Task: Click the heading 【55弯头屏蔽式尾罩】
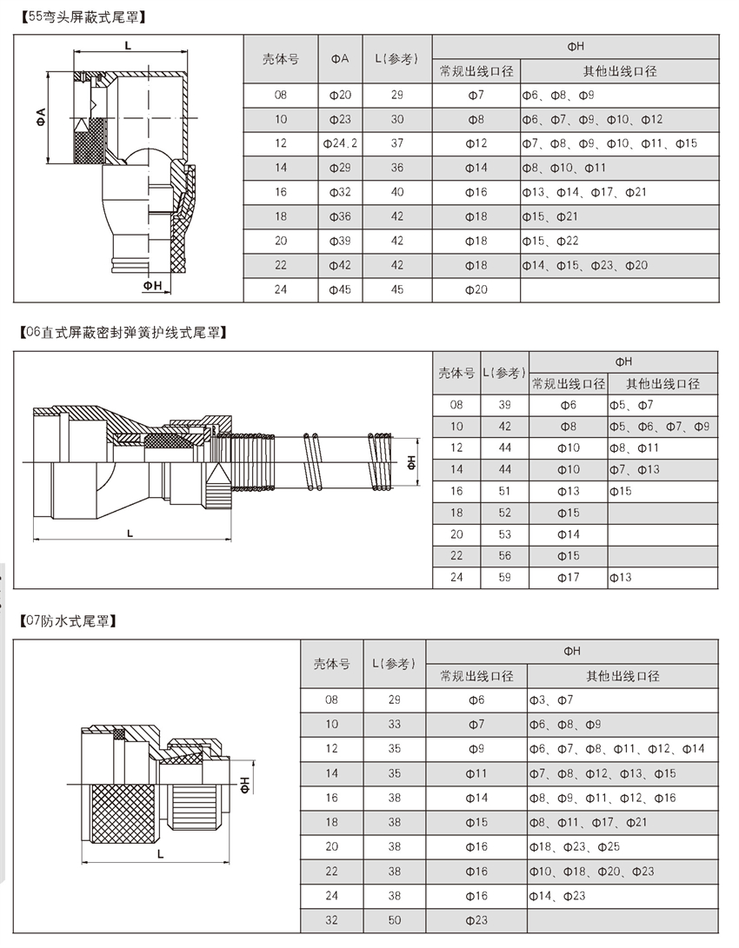(82, 17)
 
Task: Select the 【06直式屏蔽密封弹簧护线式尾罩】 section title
(123, 332)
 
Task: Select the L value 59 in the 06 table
(504, 577)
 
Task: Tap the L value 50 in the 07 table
(395, 920)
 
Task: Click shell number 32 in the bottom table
(331, 920)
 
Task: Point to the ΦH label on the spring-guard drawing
(412, 462)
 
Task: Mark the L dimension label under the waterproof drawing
(162, 854)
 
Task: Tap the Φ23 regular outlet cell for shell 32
(476, 920)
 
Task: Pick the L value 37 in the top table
(397, 143)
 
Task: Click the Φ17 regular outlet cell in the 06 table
(568, 577)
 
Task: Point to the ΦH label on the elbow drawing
(153, 284)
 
